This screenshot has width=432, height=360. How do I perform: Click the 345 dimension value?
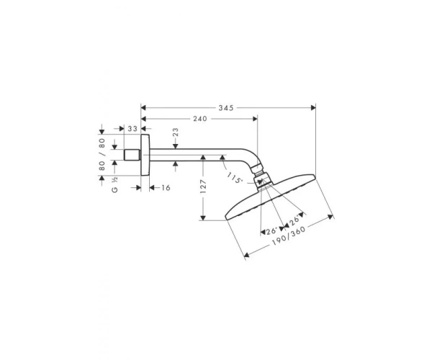tap(226, 108)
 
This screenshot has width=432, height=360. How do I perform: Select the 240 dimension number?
tap(200, 119)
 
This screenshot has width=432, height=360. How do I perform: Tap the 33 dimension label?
tap(132, 129)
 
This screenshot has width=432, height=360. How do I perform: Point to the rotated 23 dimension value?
tap(176, 132)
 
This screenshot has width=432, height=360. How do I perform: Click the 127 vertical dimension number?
tap(203, 186)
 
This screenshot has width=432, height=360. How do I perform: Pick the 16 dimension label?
tap(166, 188)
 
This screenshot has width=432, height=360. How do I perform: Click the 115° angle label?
tap(235, 178)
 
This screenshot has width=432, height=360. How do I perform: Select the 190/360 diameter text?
tap(289, 236)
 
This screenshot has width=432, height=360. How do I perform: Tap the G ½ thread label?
tap(115, 184)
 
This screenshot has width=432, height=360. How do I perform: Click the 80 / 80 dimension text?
tap(102, 154)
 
